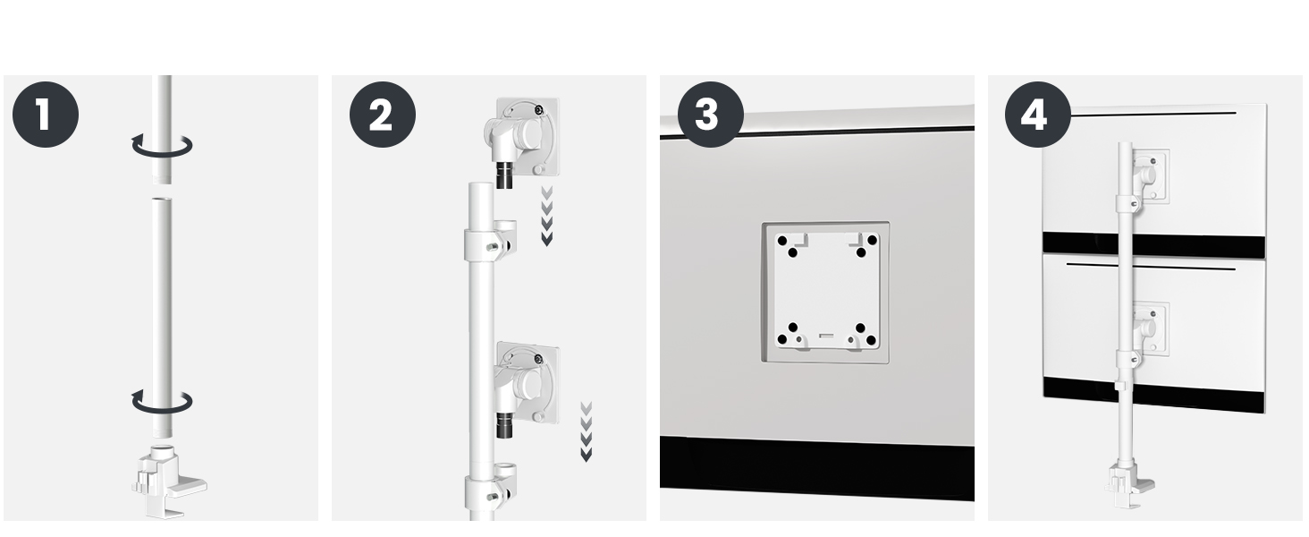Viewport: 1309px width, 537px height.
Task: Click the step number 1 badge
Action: [x=46, y=114]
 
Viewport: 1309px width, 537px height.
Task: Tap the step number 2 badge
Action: [x=383, y=114]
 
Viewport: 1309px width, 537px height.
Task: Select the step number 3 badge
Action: [x=711, y=114]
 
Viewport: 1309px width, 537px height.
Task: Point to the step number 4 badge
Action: [x=1038, y=114]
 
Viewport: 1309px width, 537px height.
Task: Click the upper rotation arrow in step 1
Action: [x=162, y=153]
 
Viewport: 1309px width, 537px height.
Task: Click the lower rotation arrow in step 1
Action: [x=162, y=410]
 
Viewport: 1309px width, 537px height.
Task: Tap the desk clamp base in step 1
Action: [x=168, y=481]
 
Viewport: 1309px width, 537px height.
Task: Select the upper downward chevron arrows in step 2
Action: [x=547, y=217]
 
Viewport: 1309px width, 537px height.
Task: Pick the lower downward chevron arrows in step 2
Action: [x=587, y=431]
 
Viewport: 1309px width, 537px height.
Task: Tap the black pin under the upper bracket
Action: [x=504, y=175]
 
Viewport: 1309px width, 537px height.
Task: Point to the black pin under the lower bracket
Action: [x=504, y=425]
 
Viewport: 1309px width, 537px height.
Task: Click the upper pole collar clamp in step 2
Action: [x=490, y=241]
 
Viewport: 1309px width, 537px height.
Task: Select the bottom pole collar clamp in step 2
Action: [x=490, y=487]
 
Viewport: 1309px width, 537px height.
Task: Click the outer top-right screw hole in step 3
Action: [x=872, y=240]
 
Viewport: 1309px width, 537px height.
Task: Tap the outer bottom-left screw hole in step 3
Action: [x=782, y=340]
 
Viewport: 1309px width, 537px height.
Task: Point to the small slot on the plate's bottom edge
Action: [x=826, y=336]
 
